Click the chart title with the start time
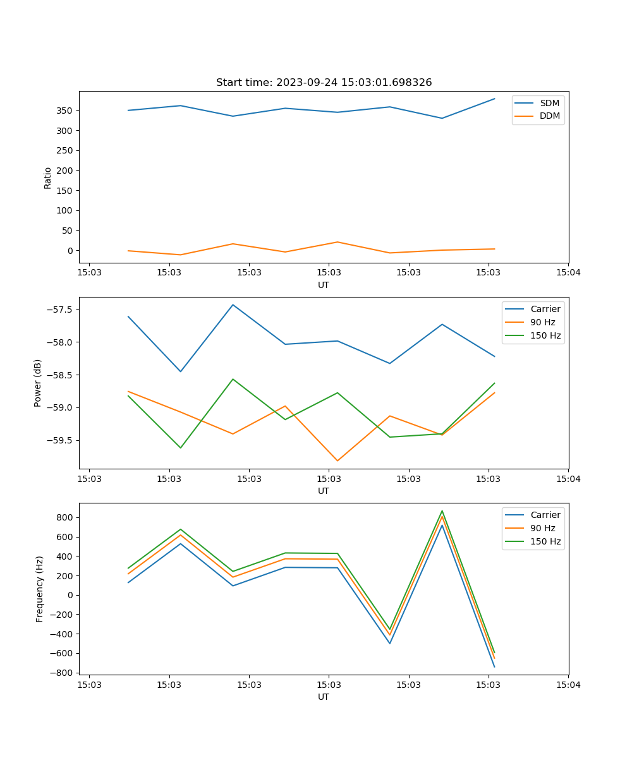(324, 83)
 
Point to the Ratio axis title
(48, 177)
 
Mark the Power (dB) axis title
(38, 383)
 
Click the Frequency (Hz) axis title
(40, 589)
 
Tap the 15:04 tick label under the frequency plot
(568, 684)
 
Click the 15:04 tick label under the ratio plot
(568, 272)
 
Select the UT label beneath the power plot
(324, 491)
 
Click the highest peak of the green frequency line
(442, 511)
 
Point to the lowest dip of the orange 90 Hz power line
(337, 460)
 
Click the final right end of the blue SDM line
(494, 99)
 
